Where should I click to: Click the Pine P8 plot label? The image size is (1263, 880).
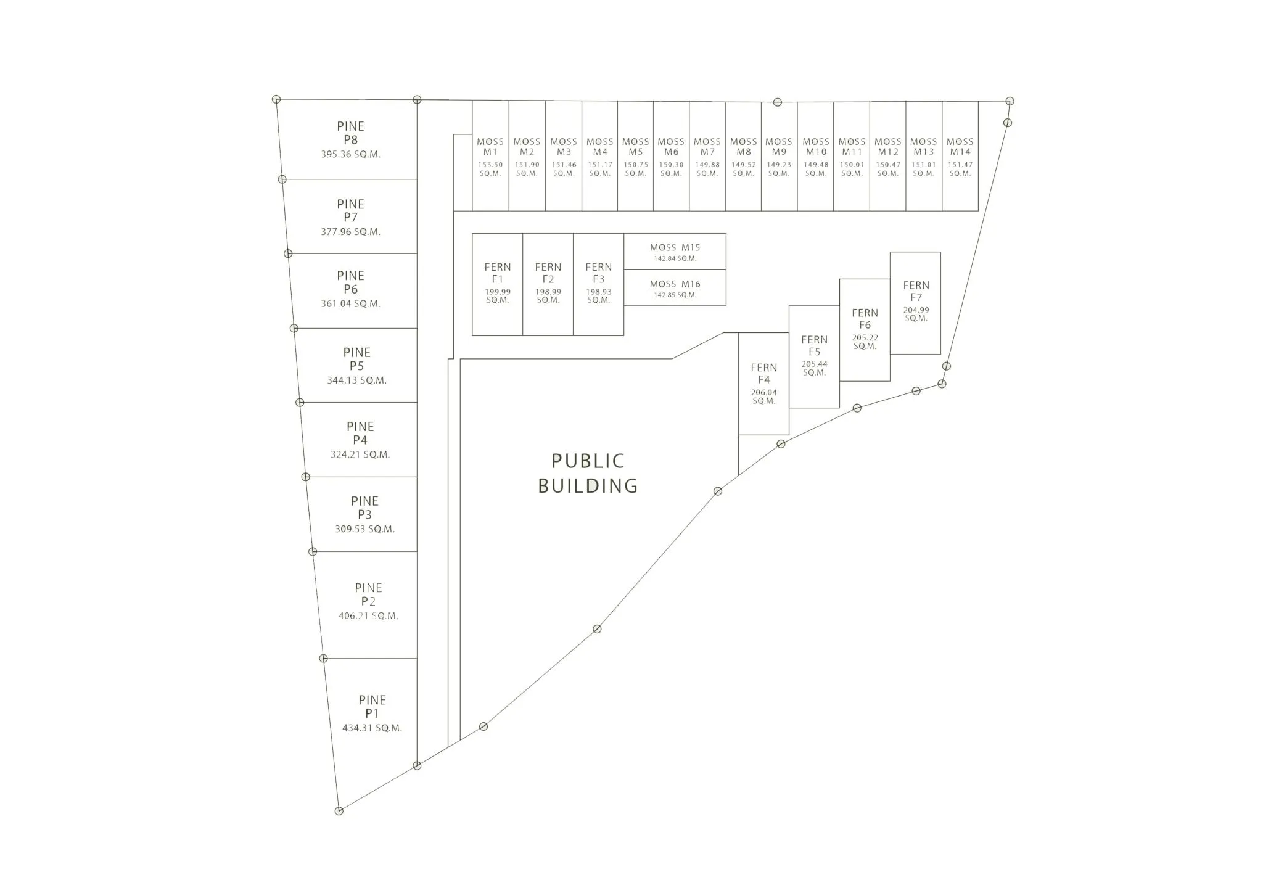click(350, 133)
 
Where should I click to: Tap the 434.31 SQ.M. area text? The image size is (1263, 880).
click(372, 728)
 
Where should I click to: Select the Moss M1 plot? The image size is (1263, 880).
click(490, 156)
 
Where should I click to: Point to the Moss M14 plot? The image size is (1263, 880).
click(960, 156)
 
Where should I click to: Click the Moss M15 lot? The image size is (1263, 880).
click(675, 252)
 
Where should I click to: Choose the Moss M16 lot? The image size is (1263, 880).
click(675, 288)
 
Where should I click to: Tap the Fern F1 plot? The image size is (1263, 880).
click(498, 284)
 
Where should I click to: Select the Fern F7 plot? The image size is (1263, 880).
click(915, 303)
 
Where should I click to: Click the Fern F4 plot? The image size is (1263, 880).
click(763, 384)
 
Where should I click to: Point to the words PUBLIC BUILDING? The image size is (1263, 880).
click(588, 473)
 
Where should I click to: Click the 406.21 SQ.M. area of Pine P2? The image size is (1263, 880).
click(368, 615)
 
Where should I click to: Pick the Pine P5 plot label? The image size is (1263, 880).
click(356, 359)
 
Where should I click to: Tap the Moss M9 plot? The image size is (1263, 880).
click(779, 156)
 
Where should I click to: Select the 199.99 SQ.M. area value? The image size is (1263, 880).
click(498, 296)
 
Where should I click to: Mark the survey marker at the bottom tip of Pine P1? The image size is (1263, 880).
click(339, 811)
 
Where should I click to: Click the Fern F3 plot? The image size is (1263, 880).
click(598, 284)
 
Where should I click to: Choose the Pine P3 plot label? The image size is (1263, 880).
click(364, 508)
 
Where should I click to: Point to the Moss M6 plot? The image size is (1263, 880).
click(671, 156)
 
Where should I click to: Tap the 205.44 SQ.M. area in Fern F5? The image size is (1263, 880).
click(814, 368)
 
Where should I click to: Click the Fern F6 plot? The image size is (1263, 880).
click(865, 330)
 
